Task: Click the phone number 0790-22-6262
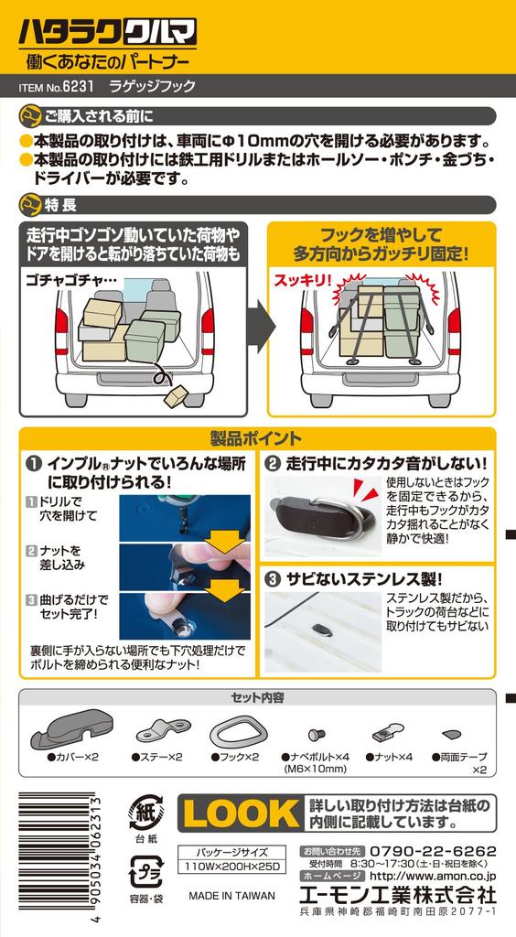pyautogui.click(x=433, y=850)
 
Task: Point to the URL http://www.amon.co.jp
pyautogui.click(x=433, y=876)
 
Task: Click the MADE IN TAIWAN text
pyautogui.click(x=231, y=896)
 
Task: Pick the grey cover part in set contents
pyautogui.click(x=71, y=727)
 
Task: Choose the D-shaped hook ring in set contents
pyautogui.click(x=234, y=731)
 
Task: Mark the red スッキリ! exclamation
pyautogui.click(x=302, y=280)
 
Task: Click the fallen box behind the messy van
pyautogui.click(x=176, y=395)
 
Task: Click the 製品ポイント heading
pyautogui.click(x=257, y=439)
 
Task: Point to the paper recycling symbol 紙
pyautogui.click(x=145, y=813)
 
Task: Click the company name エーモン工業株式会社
pyautogui.click(x=398, y=895)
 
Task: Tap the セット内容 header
pyautogui.click(x=257, y=697)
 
